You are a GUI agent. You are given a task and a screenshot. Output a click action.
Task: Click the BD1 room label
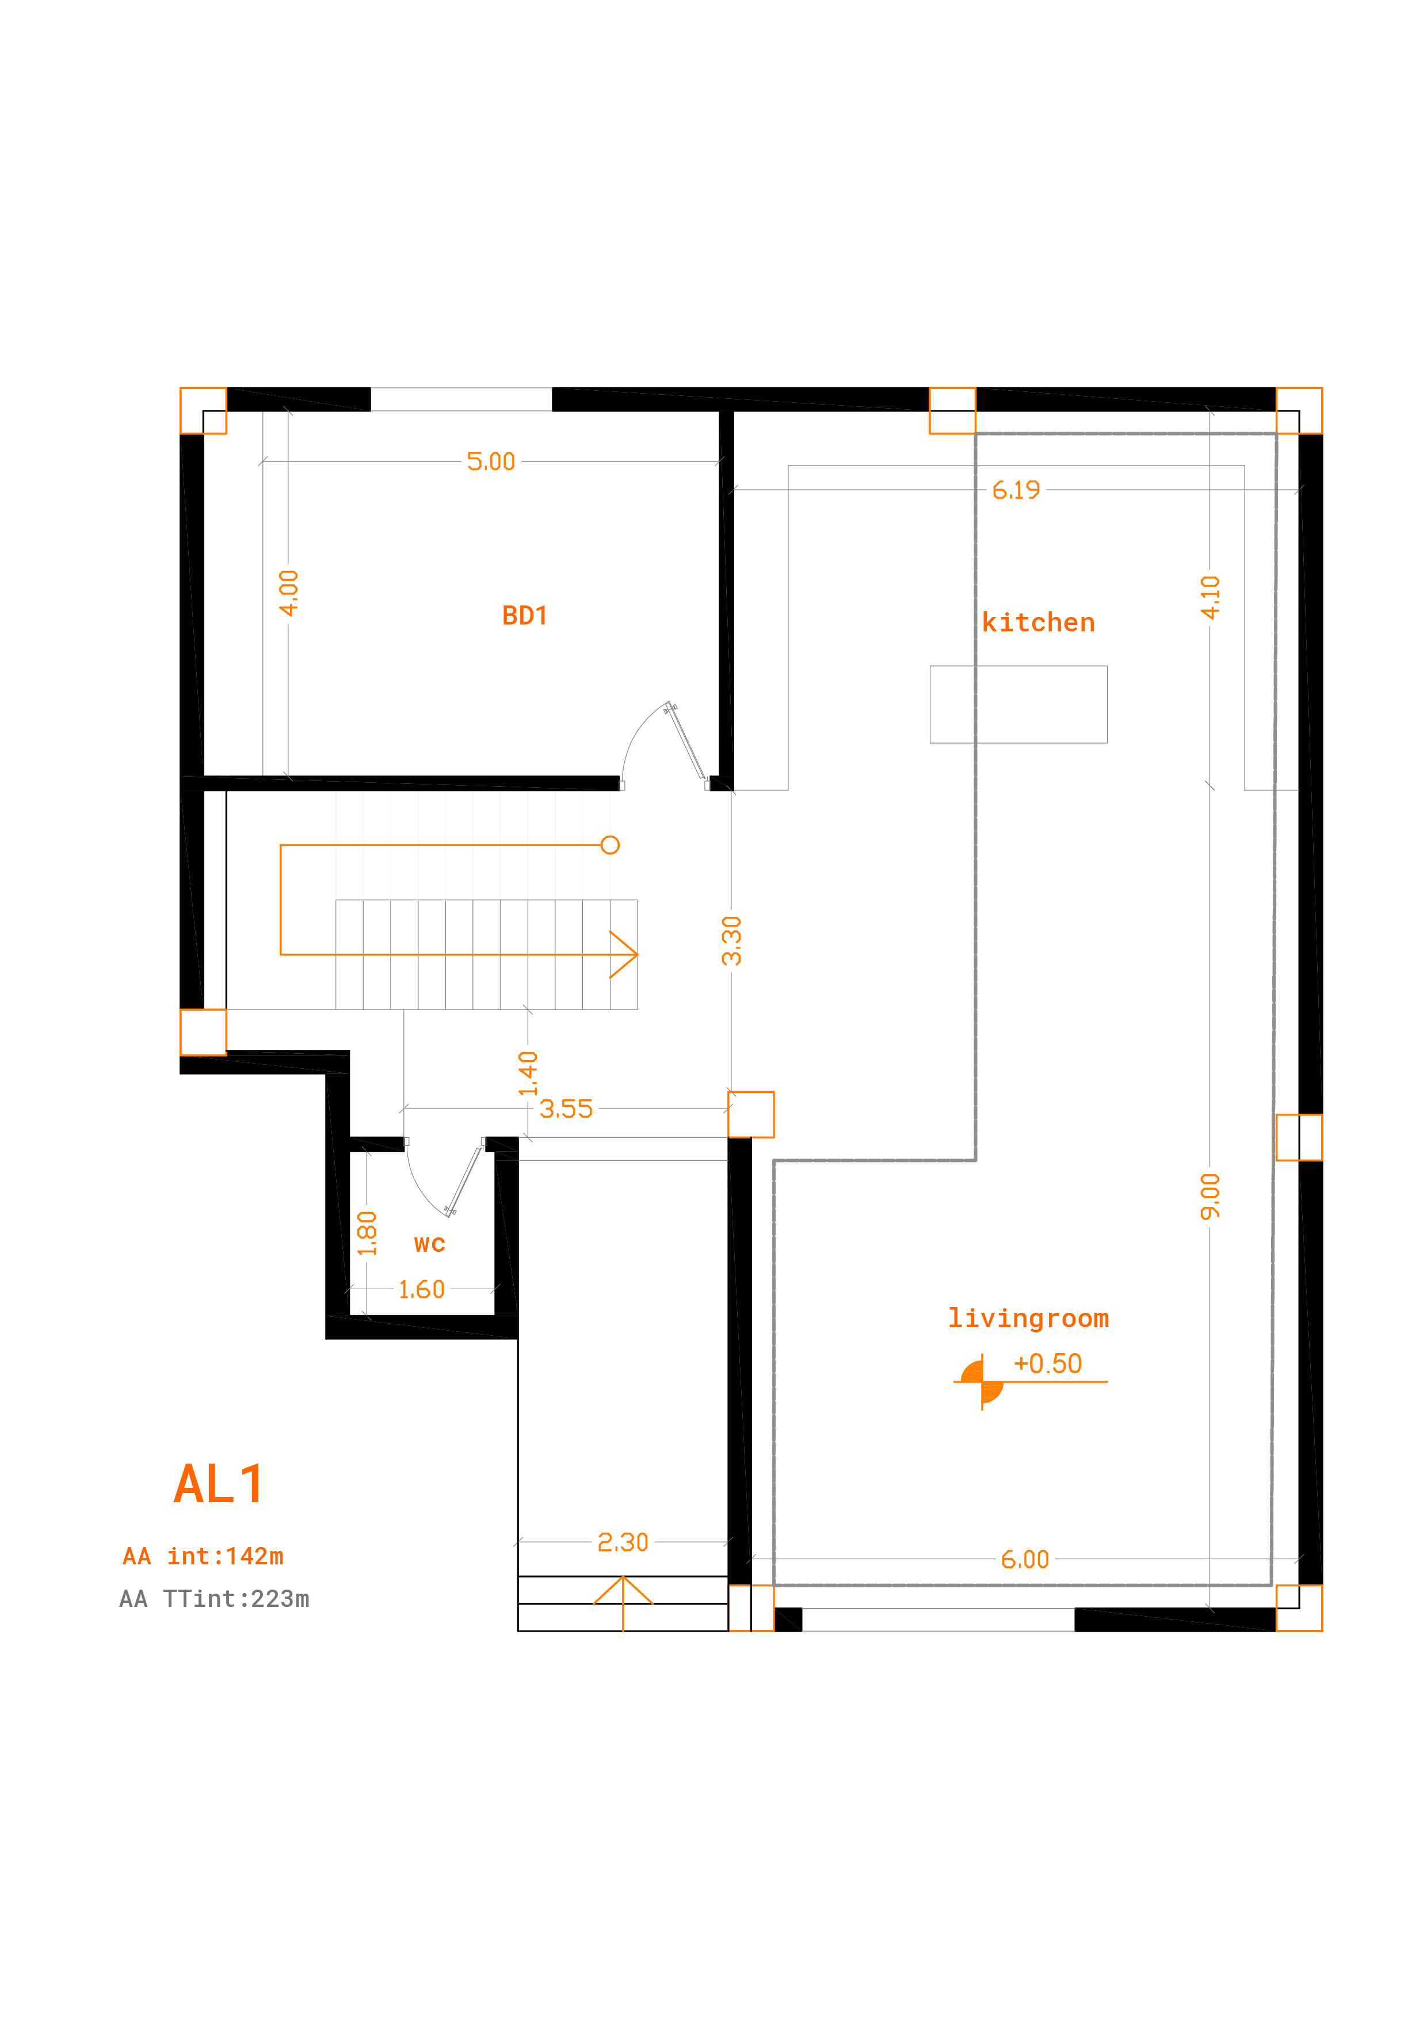524,616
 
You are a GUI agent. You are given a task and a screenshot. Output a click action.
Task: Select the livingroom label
1028,1318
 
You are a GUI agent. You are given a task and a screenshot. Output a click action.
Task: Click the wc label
429,1244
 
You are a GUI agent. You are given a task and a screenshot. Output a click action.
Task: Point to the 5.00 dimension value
491,462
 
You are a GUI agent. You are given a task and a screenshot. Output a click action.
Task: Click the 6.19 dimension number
1016,490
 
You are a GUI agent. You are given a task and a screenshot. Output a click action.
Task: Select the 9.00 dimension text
1211,1196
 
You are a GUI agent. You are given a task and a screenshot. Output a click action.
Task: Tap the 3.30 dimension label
731,941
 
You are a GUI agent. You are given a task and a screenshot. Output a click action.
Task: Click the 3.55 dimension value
566,1109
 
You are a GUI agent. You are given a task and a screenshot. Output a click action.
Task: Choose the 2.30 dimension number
623,1542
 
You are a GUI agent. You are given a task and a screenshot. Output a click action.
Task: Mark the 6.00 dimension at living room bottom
1024,1560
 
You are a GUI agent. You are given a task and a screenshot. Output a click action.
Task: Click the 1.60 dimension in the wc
421,1290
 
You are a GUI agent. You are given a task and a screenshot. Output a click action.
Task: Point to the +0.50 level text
1047,1364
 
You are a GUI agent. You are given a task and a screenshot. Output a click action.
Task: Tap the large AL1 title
219,1484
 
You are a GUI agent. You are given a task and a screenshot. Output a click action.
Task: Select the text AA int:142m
203,1556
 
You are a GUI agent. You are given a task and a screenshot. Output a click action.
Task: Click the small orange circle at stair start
610,845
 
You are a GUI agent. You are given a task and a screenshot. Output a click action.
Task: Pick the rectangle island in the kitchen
1018,704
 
